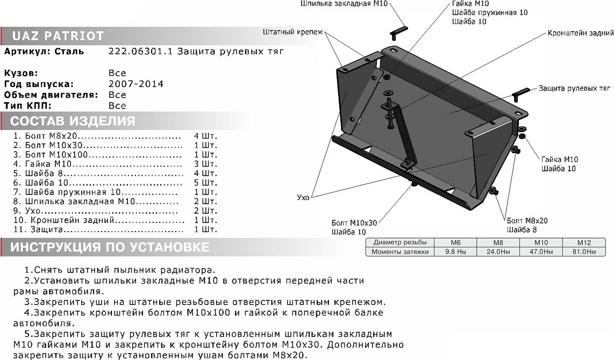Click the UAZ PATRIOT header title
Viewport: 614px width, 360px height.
click(x=58, y=37)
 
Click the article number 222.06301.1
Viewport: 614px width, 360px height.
click(x=135, y=52)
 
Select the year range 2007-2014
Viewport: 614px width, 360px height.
click(x=135, y=84)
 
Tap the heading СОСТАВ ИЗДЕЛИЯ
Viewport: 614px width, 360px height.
click(x=73, y=120)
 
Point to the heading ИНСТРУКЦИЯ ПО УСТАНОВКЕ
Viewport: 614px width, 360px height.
click(x=110, y=247)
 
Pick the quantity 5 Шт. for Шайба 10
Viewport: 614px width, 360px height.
click(x=205, y=182)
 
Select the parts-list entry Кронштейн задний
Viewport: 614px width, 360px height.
click(x=99, y=220)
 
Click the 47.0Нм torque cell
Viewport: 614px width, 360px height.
click(x=540, y=251)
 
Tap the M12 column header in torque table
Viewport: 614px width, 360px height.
click(x=583, y=242)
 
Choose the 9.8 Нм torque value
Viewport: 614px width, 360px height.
click(x=455, y=251)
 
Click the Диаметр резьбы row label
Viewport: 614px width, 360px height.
click(x=399, y=242)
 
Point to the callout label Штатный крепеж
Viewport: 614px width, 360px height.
click(x=293, y=32)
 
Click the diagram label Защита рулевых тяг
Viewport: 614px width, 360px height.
click(x=574, y=87)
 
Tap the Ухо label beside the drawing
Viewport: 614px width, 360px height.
click(x=303, y=198)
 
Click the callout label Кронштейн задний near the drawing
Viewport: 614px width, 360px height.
click(x=581, y=32)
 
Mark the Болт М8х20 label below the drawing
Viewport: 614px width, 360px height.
click(x=527, y=221)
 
